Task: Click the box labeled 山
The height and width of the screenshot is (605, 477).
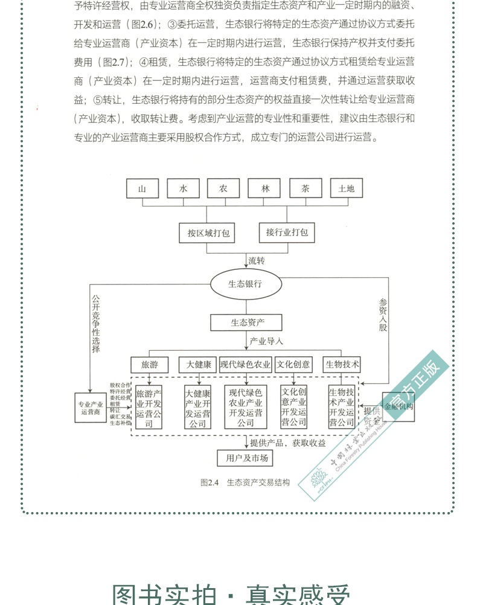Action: pyautogui.click(x=142, y=188)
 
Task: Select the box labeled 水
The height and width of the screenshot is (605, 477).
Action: pyautogui.click(x=184, y=188)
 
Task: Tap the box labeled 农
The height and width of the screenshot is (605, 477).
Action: pyautogui.click(x=223, y=188)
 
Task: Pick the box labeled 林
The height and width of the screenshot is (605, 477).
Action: pyautogui.click(x=265, y=188)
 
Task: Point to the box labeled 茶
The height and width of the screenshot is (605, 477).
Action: pyautogui.click(x=306, y=188)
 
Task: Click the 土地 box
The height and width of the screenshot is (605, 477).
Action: pyautogui.click(x=347, y=188)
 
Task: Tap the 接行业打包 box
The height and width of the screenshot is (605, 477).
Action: pyautogui.click(x=287, y=232)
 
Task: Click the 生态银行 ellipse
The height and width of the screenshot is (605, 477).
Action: pyautogui.click(x=245, y=284)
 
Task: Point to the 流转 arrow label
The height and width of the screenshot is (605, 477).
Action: pyautogui.click(x=257, y=261)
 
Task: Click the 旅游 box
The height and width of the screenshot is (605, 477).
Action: pyautogui.click(x=149, y=365)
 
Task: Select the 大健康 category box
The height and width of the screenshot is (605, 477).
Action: pyautogui.click(x=198, y=365)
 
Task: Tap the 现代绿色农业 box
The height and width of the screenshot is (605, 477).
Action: pyautogui.click(x=245, y=365)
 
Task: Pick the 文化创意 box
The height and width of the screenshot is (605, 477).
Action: pyautogui.click(x=293, y=365)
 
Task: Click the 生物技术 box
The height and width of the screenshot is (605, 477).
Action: pyautogui.click(x=342, y=365)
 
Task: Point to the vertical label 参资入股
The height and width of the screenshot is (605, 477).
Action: pyautogui.click(x=383, y=315)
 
